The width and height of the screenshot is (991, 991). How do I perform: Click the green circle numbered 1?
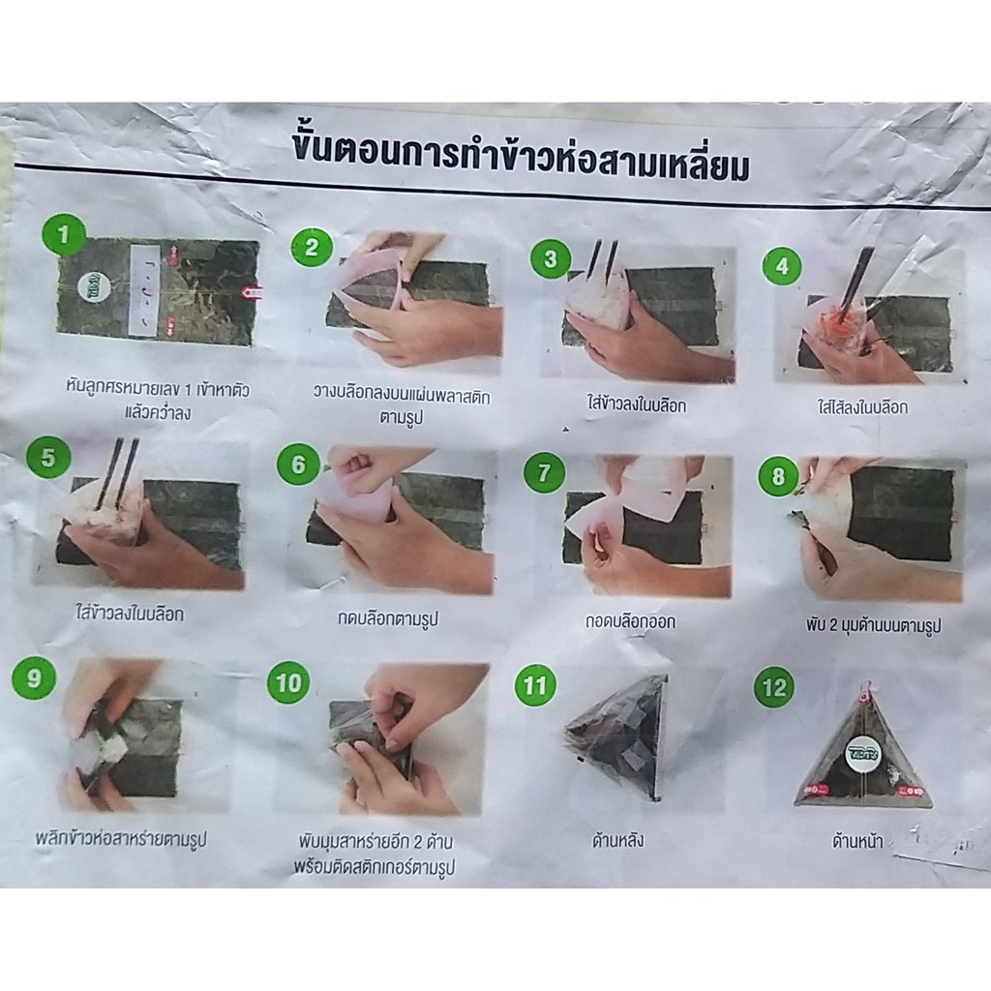63,235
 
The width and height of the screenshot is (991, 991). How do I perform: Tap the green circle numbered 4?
782,266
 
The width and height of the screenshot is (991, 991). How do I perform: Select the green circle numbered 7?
544,472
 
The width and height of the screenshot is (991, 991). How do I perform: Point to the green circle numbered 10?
288,683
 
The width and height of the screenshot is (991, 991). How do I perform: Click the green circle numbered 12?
774,687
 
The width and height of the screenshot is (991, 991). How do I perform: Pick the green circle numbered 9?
34,678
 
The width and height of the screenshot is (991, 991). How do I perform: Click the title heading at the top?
521,155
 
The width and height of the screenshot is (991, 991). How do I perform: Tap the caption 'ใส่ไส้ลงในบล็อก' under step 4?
862,407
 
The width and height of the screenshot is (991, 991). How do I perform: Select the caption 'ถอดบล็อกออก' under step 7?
629,621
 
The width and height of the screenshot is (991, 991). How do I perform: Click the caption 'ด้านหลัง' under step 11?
617,841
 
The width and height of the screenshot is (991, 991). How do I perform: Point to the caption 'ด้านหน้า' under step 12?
857,841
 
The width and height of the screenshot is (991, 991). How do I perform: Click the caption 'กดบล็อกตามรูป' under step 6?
387,617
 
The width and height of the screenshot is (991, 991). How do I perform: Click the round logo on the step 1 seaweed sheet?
94,287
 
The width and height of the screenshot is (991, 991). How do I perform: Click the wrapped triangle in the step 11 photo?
617,736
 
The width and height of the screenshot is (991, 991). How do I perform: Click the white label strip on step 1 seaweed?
147,288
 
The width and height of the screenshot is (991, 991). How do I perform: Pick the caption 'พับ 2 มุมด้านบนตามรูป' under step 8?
874,626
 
